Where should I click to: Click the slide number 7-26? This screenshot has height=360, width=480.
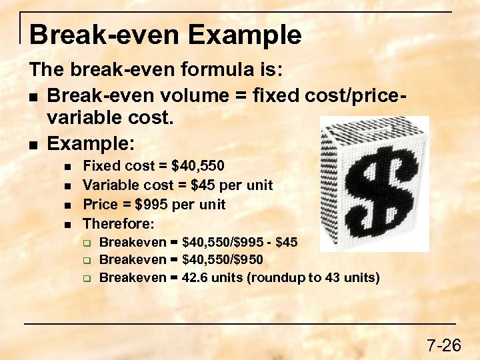[x=444, y=345]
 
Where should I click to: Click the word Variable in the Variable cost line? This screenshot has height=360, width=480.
[x=107, y=185]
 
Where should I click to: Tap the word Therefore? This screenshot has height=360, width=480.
[x=117, y=223]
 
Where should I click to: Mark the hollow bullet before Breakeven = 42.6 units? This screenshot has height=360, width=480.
[x=86, y=278]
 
